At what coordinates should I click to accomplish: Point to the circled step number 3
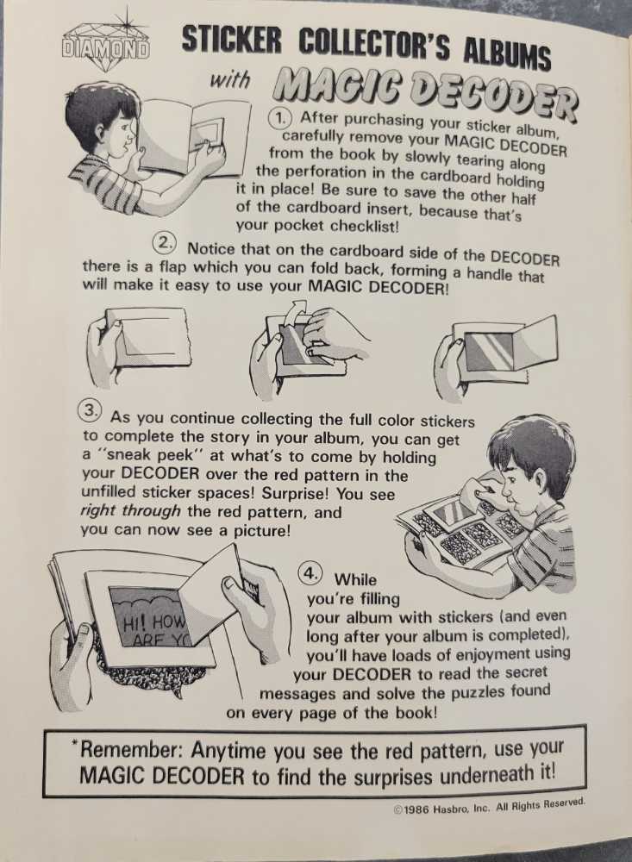pos(91,410)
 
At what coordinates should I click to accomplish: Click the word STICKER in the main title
pos(232,40)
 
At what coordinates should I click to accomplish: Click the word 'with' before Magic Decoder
pos(231,80)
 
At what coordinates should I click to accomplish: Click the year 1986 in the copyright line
pos(417,809)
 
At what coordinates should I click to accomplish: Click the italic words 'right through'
pos(131,511)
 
